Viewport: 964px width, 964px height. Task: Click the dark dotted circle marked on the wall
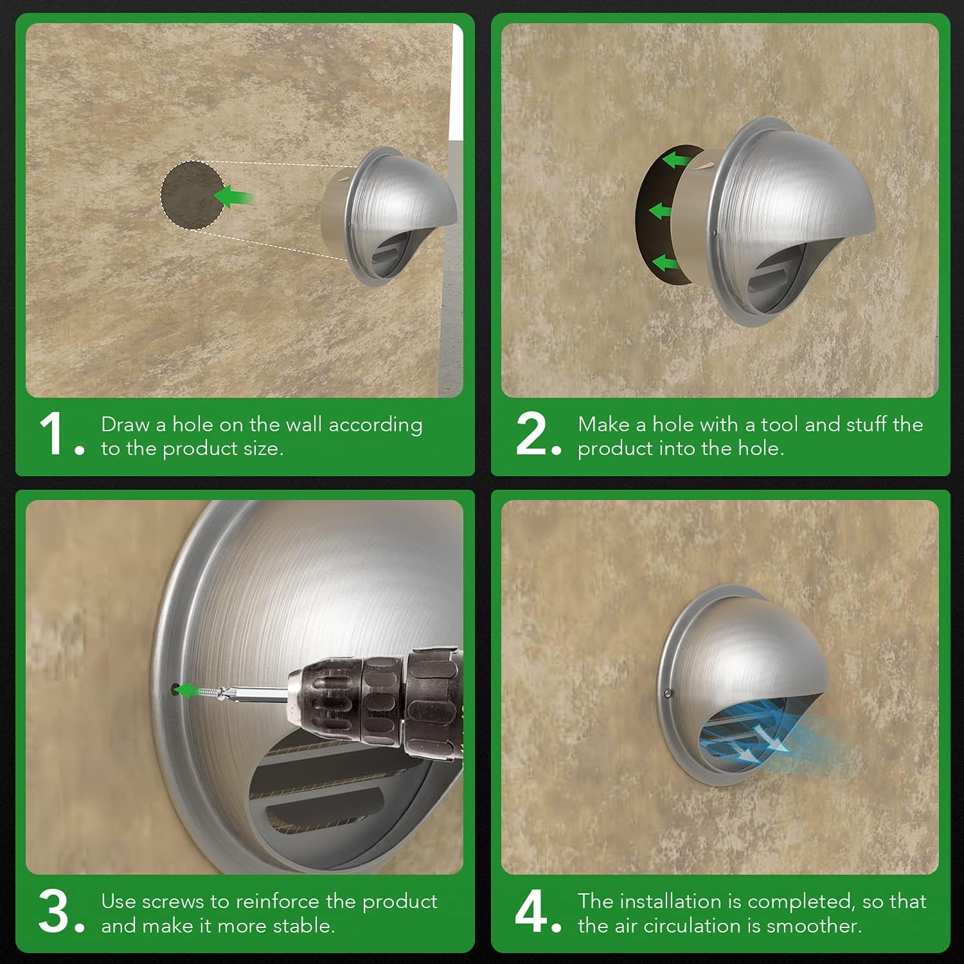point(191,195)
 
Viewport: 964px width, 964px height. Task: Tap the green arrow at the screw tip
point(187,691)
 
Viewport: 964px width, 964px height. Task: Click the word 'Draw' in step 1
point(126,425)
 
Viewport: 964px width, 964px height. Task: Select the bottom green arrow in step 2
point(666,262)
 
